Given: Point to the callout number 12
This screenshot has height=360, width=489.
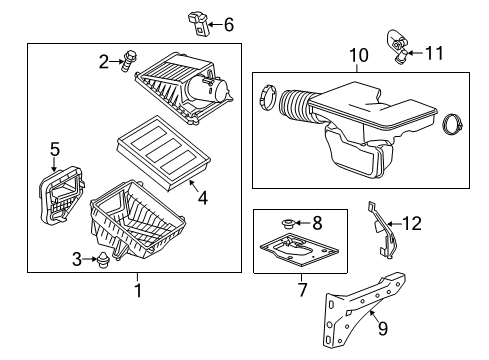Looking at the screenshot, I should pyautogui.click(x=410, y=224).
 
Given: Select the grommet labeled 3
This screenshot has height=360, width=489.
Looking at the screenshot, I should pyautogui.click(x=103, y=263).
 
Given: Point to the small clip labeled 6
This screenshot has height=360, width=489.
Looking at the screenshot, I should pyautogui.click(x=197, y=20).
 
